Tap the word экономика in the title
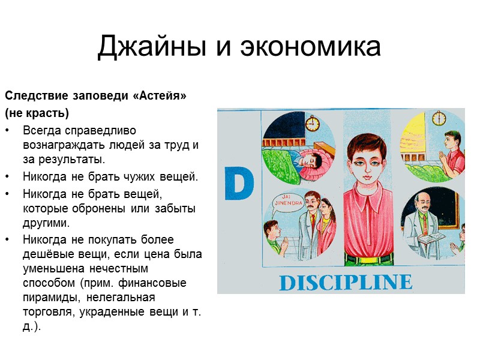[310, 47]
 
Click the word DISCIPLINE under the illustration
[345, 282]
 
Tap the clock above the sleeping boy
[312, 124]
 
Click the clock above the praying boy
[439, 118]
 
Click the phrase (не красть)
[37, 113]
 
